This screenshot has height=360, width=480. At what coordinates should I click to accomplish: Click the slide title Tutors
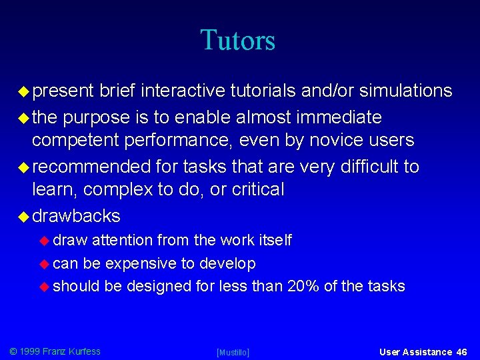point(237,40)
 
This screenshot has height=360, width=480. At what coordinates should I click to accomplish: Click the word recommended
point(92,167)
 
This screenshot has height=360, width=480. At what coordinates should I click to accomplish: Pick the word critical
point(257,189)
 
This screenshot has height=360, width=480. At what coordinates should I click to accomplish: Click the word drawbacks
point(76,216)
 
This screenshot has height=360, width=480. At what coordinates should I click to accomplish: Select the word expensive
point(141,264)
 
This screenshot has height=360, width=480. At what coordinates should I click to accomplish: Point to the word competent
point(72,141)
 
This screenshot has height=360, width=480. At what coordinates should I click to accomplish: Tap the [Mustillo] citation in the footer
point(233,352)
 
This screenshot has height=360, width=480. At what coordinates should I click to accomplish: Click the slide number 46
point(462,352)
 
